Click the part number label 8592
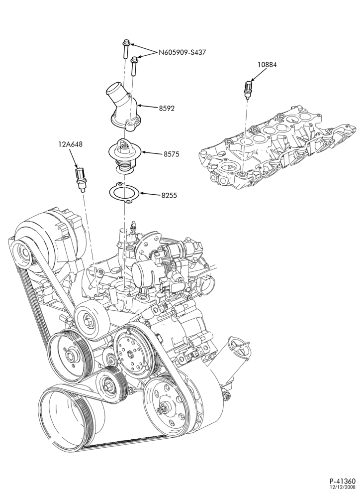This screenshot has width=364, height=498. pyautogui.click(x=166, y=108)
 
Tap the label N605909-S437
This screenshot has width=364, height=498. pyautogui.click(x=182, y=52)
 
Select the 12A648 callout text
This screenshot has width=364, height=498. pyautogui.click(x=71, y=144)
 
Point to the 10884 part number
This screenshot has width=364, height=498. pyautogui.click(x=267, y=65)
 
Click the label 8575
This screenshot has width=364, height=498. pyautogui.click(x=172, y=154)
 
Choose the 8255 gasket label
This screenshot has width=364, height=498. pyautogui.click(x=169, y=195)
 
